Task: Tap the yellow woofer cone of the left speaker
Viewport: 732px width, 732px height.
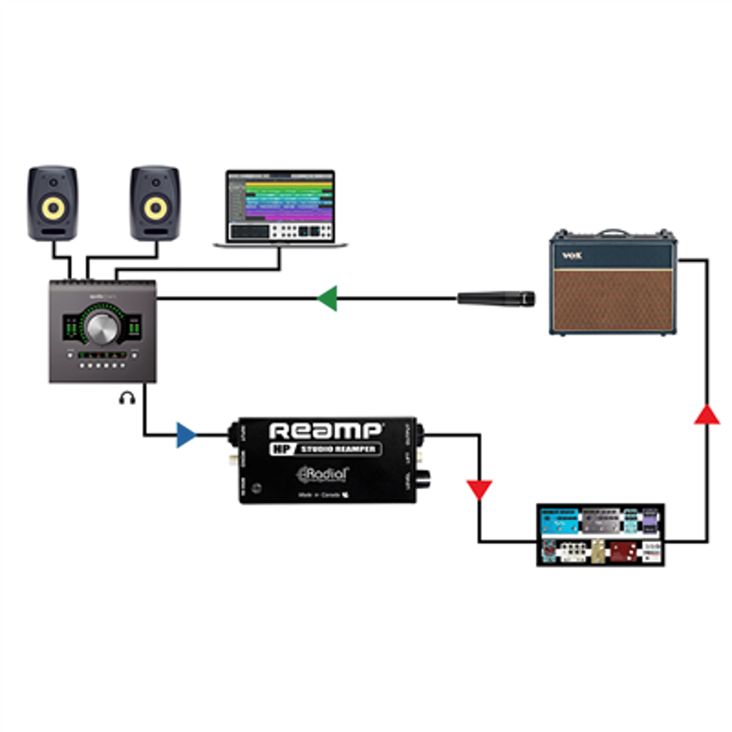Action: (53, 208)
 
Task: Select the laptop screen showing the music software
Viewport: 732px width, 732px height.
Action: (280, 205)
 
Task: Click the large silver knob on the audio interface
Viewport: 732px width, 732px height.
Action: (102, 327)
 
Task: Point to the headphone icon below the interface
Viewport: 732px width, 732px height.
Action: (127, 398)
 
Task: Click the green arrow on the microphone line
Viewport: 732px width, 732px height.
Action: (327, 298)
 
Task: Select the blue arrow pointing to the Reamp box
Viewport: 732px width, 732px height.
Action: (185, 435)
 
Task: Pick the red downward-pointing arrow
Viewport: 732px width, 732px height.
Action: (479, 489)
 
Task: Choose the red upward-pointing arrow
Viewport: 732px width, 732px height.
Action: (707, 415)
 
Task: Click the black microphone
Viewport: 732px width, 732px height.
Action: (496, 298)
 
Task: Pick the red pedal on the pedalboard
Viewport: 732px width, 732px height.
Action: (624, 551)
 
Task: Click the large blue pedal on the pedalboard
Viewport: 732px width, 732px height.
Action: (559, 521)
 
